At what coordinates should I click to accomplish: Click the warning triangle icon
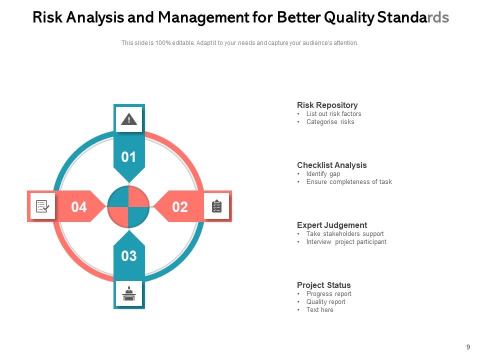point(129,119)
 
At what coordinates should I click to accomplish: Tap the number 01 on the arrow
point(129,157)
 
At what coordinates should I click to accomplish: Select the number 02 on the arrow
point(180,207)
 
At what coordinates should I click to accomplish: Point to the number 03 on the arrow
point(129,256)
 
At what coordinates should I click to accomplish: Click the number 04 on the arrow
point(79,207)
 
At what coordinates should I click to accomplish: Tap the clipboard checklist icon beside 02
point(216,206)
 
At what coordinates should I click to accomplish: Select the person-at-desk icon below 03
point(129,293)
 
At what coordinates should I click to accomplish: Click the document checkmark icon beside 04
point(42,206)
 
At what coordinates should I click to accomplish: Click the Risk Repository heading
point(327,105)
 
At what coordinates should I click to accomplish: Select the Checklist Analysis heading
point(331,165)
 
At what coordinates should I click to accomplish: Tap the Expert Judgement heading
point(331,225)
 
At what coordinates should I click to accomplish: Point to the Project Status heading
point(323,285)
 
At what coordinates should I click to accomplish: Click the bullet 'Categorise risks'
point(330,121)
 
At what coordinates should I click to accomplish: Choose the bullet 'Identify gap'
point(323,173)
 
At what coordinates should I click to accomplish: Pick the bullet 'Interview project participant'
point(346,241)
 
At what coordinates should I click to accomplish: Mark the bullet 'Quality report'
point(325,301)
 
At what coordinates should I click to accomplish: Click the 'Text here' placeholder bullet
point(319,309)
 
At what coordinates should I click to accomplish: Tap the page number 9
point(468,347)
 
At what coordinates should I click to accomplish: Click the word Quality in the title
point(348,18)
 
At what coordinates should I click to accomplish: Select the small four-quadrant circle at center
point(128,206)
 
